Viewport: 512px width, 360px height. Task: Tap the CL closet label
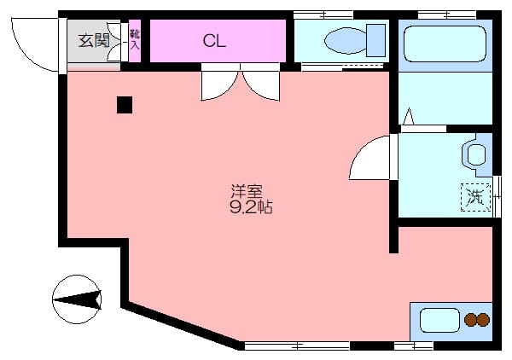click(x=214, y=40)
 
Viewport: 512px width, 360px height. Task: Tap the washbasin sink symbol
click(x=475, y=154)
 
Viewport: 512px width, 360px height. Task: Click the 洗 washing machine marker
click(x=475, y=197)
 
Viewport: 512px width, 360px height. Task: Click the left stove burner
click(x=470, y=321)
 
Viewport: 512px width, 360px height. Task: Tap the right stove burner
click(x=483, y=321)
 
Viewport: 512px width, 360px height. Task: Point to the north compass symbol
click(x=77, y=299)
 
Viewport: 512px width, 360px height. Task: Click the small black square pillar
click(x=125, y=105)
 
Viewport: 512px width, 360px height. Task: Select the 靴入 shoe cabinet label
click(x=134, y=40)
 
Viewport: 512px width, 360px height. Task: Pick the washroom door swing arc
click(x=372, y=159)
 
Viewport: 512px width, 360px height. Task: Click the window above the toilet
click(x=323, y=15)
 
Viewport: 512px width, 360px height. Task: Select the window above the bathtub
click(x=446, y=15)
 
